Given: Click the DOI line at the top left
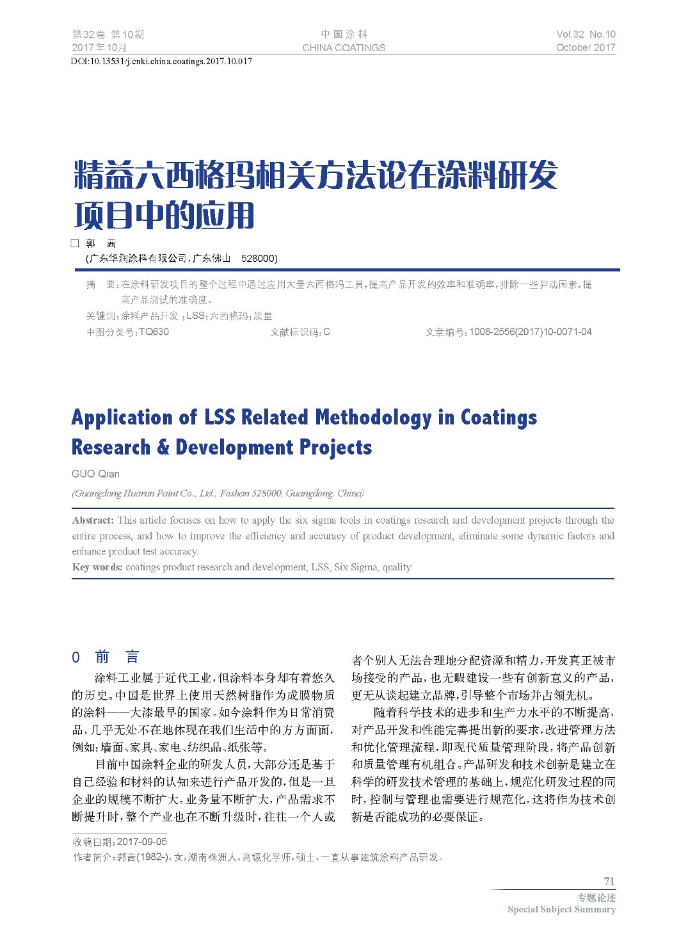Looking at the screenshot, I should [x=161, y=61].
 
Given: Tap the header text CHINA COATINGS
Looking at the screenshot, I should [x=344, y=48].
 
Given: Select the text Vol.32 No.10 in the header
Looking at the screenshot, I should [x=586, y=35].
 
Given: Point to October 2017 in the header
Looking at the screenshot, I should [x=586, y=47].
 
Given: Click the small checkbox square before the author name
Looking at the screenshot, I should [x=75, y=243].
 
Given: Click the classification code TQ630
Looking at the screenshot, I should [x=154, y=332].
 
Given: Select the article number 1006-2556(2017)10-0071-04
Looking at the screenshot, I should [x=530, y=332].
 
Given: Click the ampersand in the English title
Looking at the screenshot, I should [x=163, y=447].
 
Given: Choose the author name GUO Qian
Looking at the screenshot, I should [x=95, y=474].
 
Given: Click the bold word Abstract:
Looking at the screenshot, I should [x=93, y=520].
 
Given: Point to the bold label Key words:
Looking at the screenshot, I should [x=97, y=567].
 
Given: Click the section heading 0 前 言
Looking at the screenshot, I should [x=106, y=657].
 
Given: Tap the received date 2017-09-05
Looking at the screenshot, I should [x=142, y=842].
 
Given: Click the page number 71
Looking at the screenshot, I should [x=609, y=881].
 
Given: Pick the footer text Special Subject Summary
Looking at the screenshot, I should [x=561, y=910].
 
